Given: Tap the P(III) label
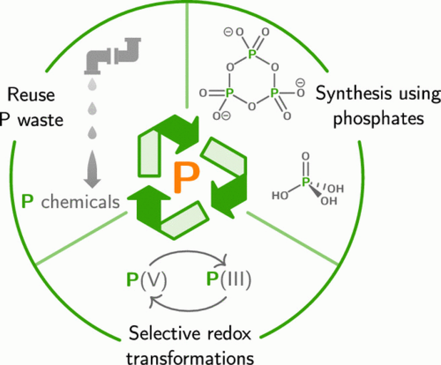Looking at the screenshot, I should point(228,279).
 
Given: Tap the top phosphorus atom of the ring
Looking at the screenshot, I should point(252,55).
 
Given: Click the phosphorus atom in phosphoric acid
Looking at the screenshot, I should point(305,182).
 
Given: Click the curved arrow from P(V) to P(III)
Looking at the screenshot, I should point(191,255).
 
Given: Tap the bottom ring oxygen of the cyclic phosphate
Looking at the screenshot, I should point(252,106).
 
